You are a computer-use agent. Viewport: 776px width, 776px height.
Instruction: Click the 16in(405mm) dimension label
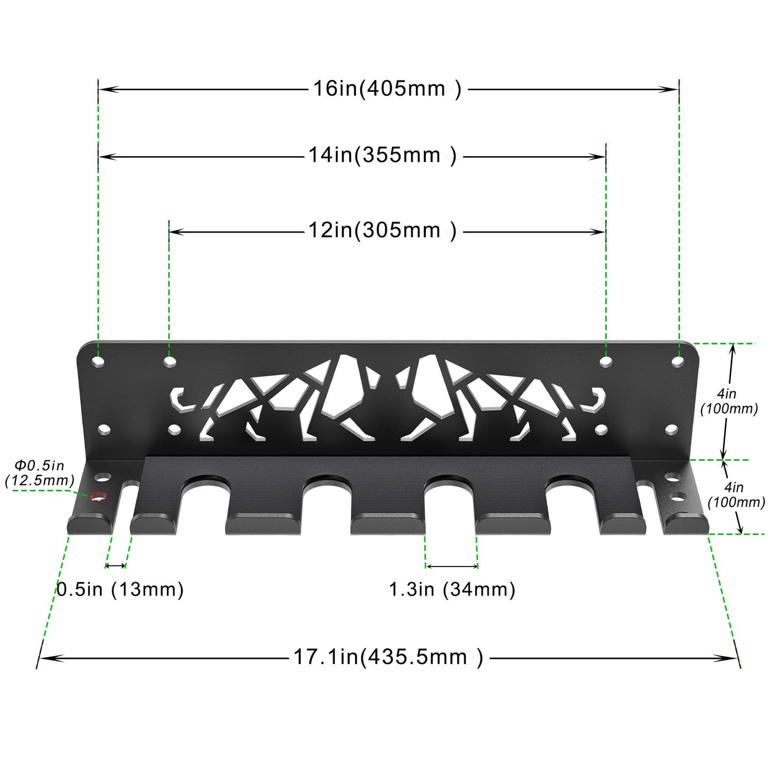tap(387, 89)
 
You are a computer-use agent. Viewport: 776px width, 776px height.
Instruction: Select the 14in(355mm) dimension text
tap(382, 156)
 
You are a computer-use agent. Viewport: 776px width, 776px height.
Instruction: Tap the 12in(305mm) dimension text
tap(382, 231)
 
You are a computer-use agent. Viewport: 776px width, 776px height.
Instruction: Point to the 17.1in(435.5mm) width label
tap(388, 657)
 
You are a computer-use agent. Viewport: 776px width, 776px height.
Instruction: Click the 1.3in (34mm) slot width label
tap(452, 590)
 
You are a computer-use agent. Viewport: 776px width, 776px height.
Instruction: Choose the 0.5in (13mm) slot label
tap(120, 590)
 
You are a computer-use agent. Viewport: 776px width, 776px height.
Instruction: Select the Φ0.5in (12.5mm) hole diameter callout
tap(39, 473)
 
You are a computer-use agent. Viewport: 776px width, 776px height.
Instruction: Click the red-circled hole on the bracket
tap(98, 497)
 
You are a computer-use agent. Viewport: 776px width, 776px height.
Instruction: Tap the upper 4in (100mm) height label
tap(729, 402)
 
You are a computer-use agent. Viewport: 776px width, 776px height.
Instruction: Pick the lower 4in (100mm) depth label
tap(736, 495)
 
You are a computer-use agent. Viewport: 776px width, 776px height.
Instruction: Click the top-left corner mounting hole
tap(98, 361)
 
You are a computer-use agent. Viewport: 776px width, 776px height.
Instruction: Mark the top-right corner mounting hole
tap(678, 361)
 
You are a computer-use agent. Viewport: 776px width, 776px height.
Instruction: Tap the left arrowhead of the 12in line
tap(173, 232)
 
